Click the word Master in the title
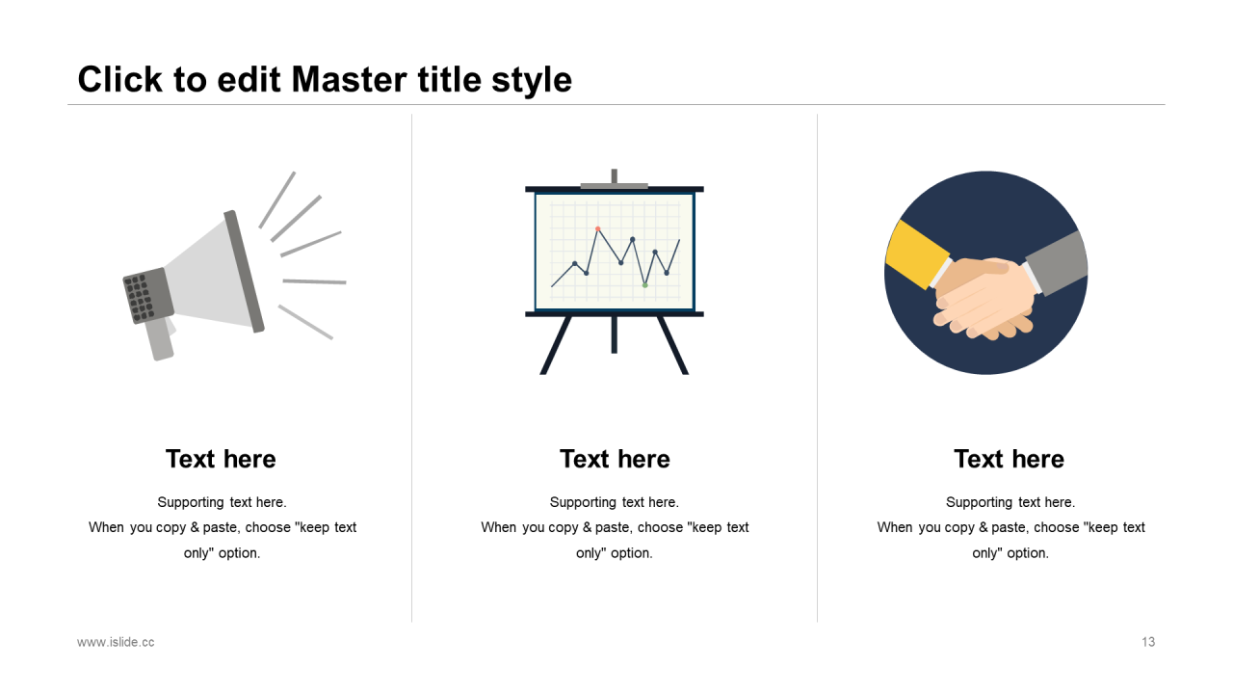click(x=350, y=79)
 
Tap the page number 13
click(x=1148, y=642)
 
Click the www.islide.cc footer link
click(x=116, y=642)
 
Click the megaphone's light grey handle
click(x=160, y=338)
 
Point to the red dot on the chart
click(x=598, y=228)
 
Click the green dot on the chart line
click(x=645, y=285)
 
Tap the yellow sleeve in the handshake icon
click(x=916, y=254)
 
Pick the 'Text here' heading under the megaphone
click(x=221, y=459)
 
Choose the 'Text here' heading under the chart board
click(x=615, y=459)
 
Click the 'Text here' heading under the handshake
click(x=1009, y=459)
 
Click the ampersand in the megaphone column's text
click(x=195, y=527)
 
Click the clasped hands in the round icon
click(x=984, y=298)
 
